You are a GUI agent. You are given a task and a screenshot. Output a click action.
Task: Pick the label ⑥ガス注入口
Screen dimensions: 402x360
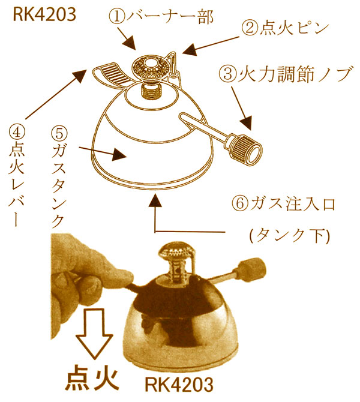click(x=281, y=202)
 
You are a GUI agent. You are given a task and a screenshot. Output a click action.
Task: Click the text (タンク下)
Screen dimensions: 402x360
click(x=289, y=236)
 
